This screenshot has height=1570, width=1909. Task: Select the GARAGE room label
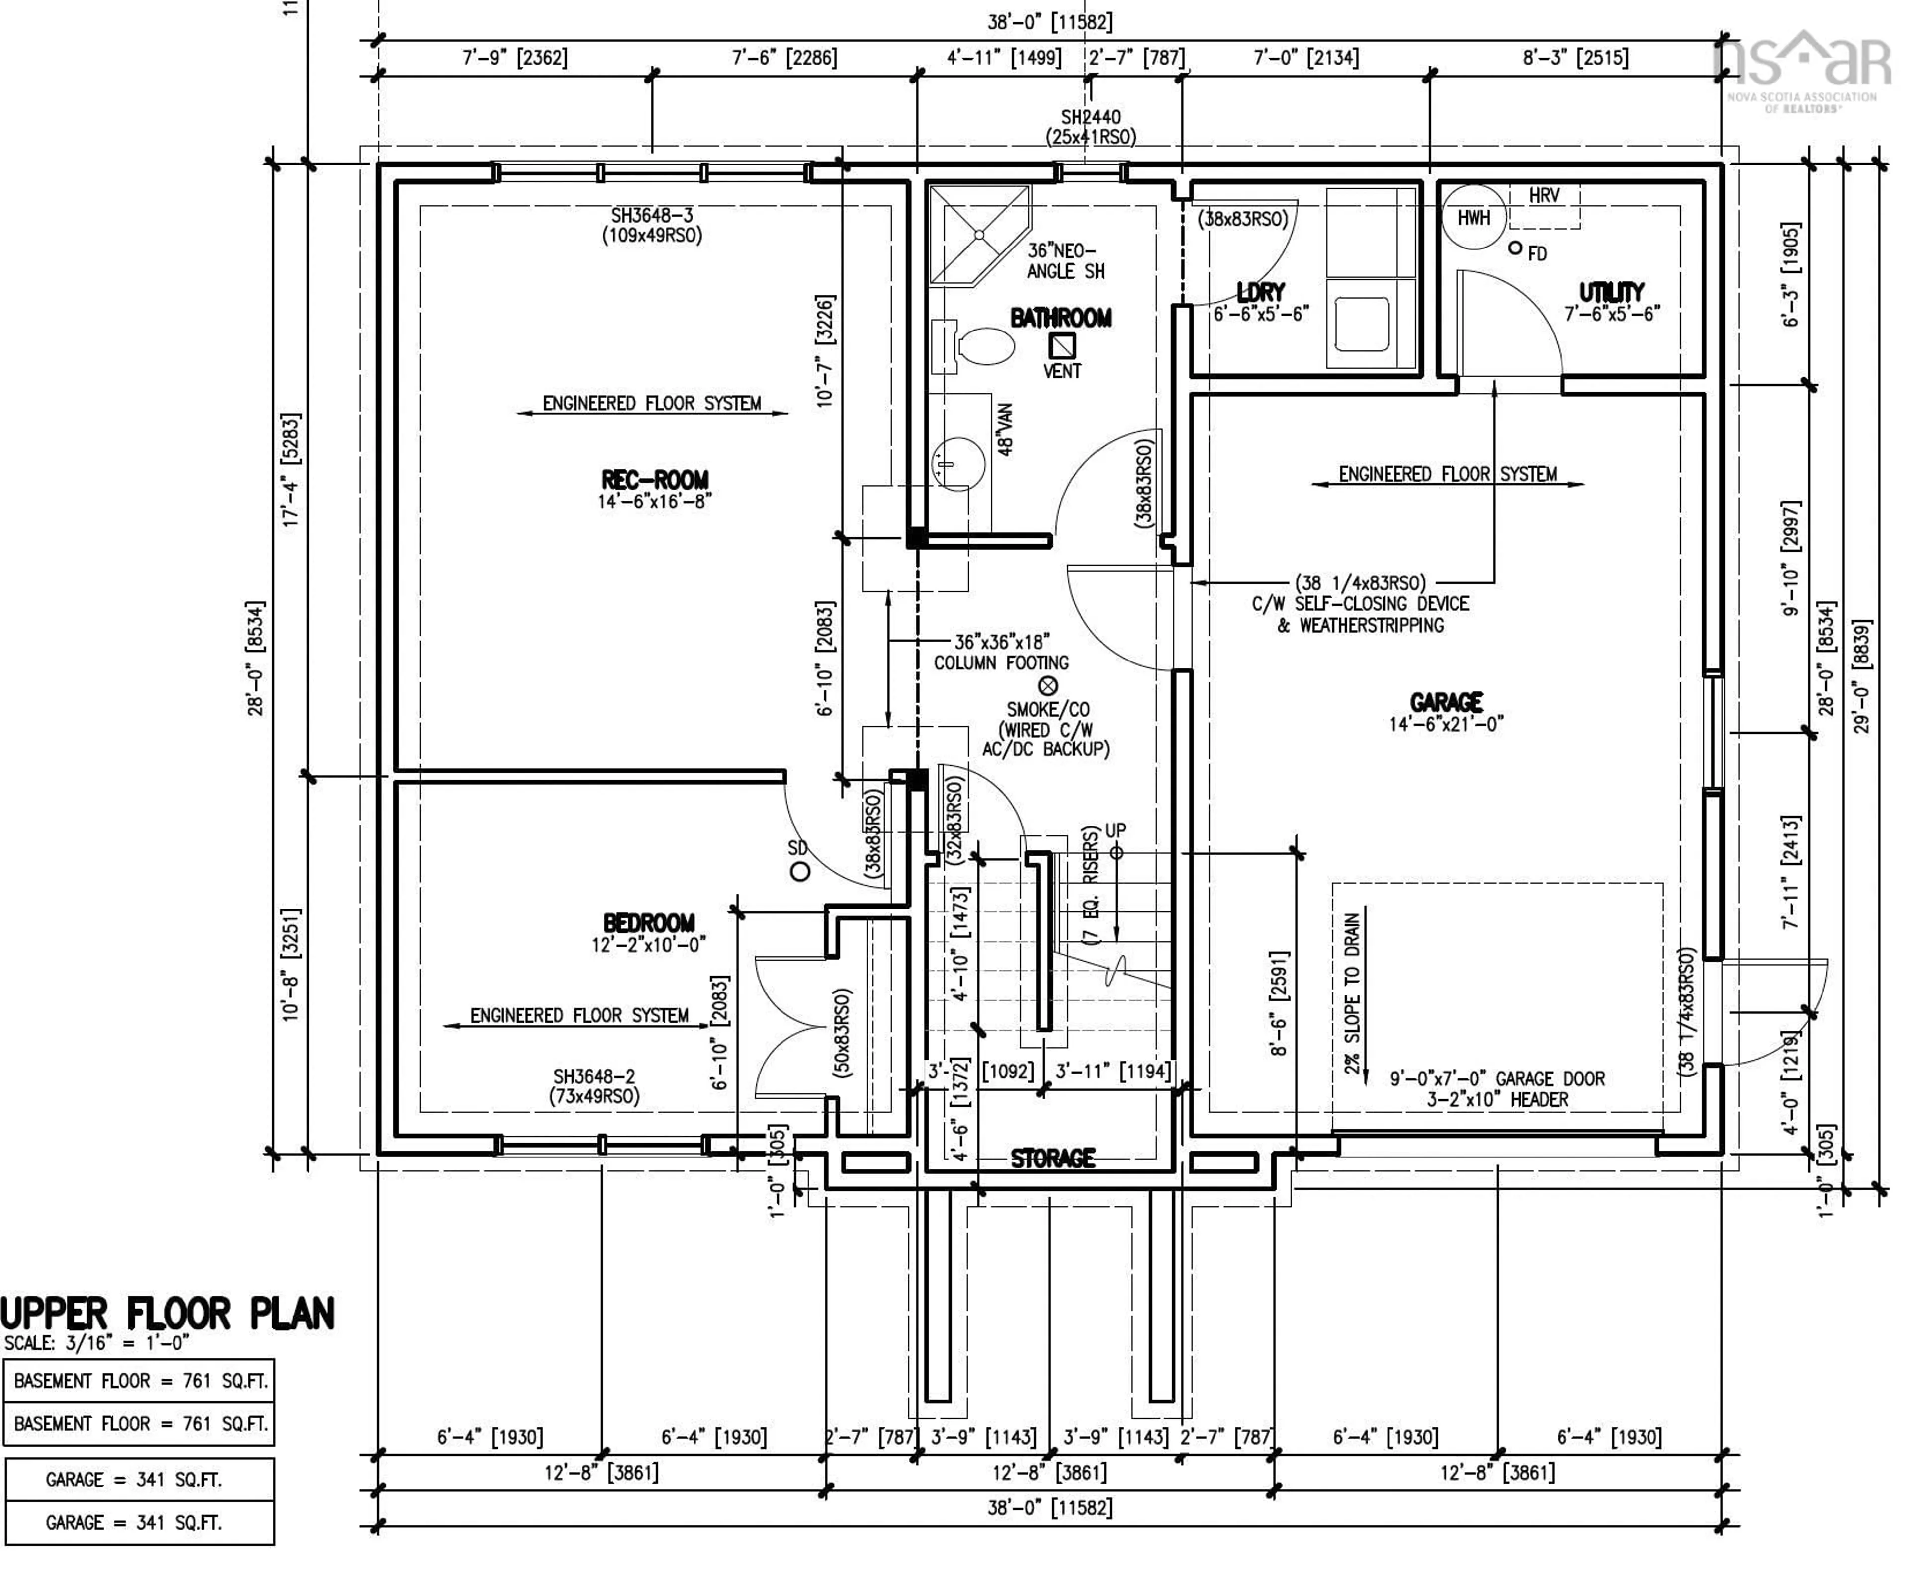1446,702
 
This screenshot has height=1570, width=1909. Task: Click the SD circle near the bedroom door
800,872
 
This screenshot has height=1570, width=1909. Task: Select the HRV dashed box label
1544,195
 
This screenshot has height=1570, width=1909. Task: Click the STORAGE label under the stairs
1052,1158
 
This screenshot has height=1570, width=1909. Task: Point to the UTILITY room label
1611,292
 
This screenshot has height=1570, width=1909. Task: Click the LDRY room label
1260,292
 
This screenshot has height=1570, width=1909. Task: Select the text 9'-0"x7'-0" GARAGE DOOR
1497,1079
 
